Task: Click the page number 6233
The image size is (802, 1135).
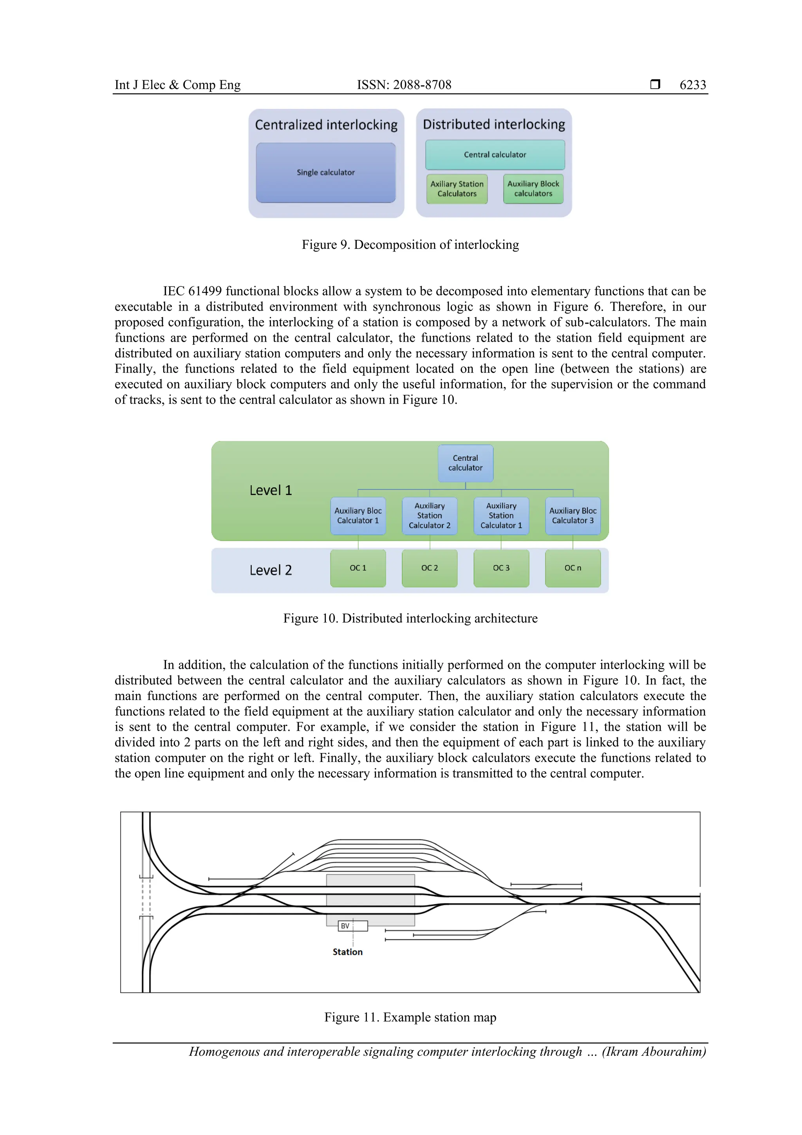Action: [x=692, y=85]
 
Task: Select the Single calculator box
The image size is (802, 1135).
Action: [x=326, y=172]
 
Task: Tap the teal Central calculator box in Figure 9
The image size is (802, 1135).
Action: [x=495, y=155]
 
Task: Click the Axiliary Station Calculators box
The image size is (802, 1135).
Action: [x=457, y=189]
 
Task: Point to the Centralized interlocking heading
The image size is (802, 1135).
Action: [x=326, y=125]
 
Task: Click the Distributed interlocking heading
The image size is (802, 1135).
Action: [x=494, y=125]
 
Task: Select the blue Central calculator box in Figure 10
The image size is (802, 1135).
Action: [x=465, y=463]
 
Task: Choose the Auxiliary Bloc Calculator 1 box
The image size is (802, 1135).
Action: [x=358, y=516]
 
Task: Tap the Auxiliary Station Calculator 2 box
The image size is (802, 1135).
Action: [x=430, y=516]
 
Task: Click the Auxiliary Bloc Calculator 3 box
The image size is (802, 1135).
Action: [x=573, y=516]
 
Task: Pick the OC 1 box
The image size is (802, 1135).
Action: [x=358, y=568]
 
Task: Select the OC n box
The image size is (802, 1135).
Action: [x=573, y=568]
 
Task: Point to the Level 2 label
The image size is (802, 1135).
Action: [x=270, y=570]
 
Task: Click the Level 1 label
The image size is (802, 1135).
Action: [x=270, y=491]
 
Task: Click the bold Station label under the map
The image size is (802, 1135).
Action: [x=347, y=952]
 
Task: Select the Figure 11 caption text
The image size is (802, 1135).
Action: [x=410, y=1017]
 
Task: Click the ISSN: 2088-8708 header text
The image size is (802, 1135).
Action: [x=404, y=85]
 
